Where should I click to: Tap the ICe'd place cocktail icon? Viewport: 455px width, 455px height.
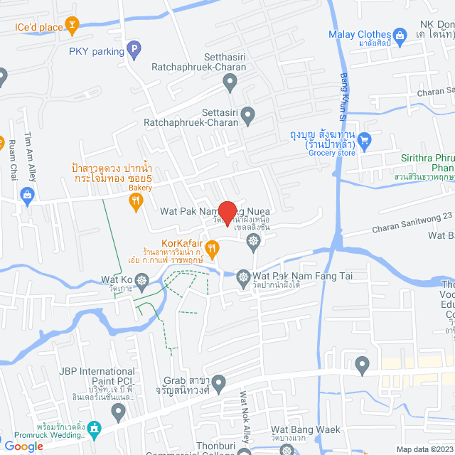(x=72, y=27)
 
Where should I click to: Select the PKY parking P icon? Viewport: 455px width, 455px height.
(x=133, y=50)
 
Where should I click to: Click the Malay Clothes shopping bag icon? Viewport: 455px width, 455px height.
(x=400, y=34)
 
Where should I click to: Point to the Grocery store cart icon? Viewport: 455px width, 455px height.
(x=365, y=139)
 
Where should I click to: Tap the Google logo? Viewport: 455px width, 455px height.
(x=23, y=446)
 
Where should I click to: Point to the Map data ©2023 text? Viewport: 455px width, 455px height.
(x=424, y=449)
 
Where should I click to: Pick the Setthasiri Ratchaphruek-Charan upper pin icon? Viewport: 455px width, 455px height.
(x=230, y=84)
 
